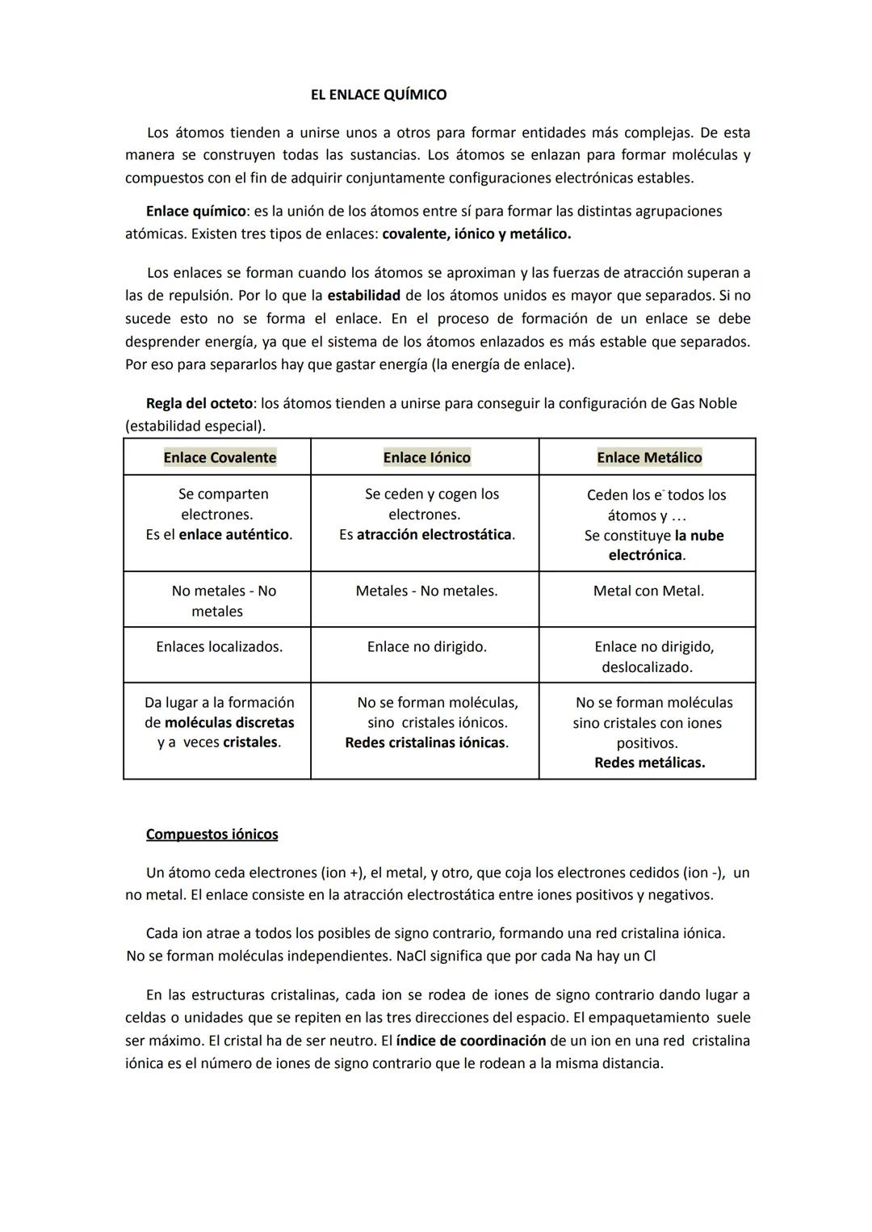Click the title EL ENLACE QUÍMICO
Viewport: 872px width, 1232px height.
click(378, 95)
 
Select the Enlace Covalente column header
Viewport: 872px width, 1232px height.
click(220, 457)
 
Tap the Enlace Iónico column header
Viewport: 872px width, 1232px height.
click(426, 457)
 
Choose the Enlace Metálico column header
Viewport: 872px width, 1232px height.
click(649, 457)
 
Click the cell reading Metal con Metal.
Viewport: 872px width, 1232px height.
click(648, 591)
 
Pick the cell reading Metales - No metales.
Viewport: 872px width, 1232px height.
click(426, 591)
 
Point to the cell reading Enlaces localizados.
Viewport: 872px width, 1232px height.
click(219, 646)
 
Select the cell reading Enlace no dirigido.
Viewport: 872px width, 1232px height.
click(426, 646)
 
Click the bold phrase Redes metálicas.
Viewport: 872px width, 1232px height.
click(649, 762)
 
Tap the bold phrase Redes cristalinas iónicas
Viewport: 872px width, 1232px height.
click(426, 742)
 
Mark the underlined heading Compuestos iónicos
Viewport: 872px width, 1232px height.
click(212, 834)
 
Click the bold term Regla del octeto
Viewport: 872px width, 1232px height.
click(199, 402)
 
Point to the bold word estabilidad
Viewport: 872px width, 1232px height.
click(363, 295)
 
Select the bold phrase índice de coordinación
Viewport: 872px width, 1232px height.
click(471, 1040)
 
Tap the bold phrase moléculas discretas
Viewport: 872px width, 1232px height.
click(229, 722)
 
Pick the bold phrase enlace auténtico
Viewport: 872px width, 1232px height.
click(233, 534)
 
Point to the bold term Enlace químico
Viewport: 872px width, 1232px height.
click(195, 211)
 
